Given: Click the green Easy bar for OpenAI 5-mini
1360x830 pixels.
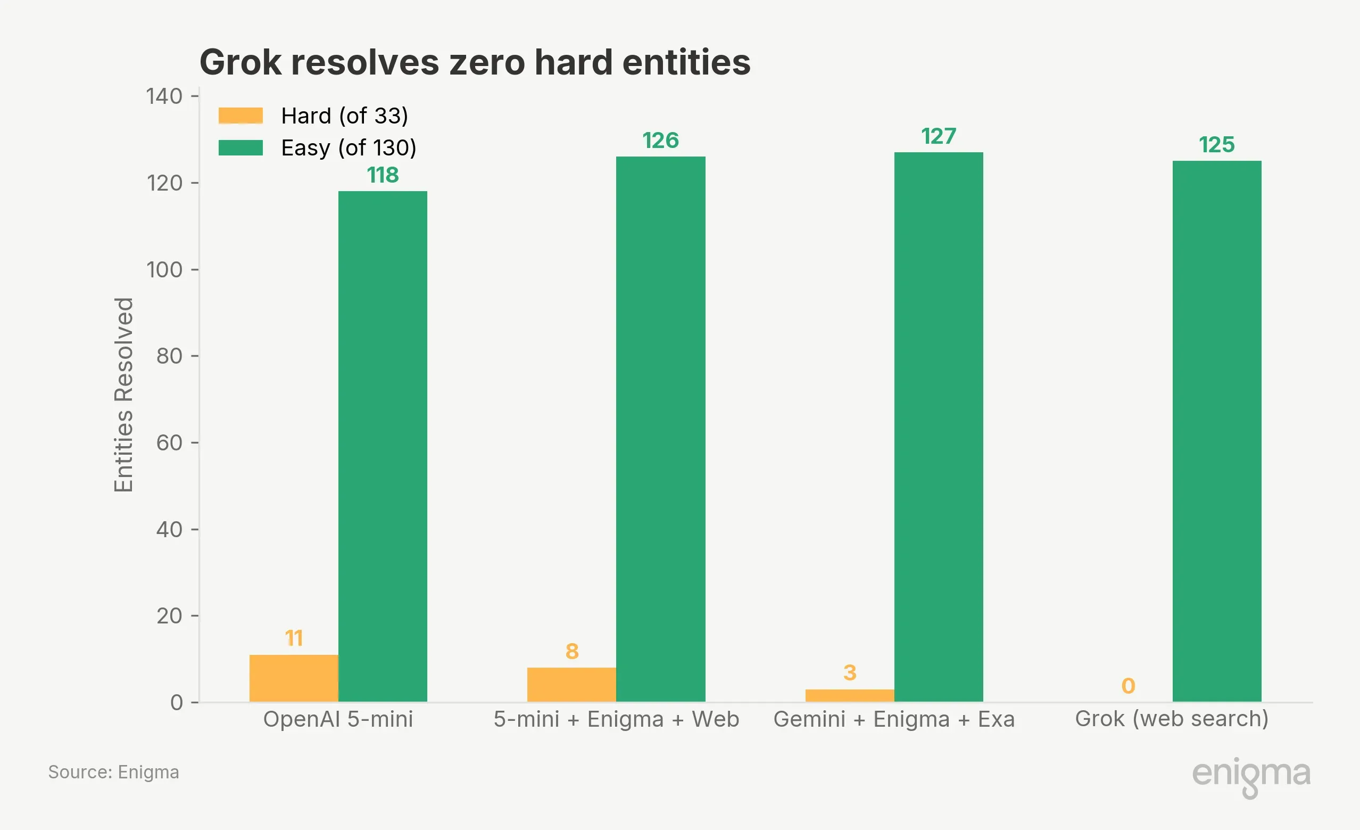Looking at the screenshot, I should [383, 446].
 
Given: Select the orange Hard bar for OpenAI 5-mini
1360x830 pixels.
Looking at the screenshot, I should [294, 678].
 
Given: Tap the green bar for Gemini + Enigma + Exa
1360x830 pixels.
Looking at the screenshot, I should [938, 427].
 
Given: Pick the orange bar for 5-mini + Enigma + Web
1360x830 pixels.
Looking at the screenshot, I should [571, 685].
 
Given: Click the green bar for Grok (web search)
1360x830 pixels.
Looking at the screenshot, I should [1216, 431].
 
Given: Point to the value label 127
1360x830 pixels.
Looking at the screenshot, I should [938, 136].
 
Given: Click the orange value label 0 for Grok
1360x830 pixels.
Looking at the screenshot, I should [1128, 686].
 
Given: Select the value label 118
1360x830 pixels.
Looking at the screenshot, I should [383, 175].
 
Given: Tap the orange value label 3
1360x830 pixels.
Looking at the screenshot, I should [849, 672].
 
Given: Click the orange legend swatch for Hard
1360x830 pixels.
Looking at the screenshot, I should [241, 116].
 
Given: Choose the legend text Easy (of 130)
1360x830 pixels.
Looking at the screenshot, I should [349, 147].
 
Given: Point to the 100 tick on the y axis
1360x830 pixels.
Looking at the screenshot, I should [164, 270].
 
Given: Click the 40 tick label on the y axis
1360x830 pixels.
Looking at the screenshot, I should [169, 530].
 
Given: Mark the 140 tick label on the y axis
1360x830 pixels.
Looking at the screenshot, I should [164, 97].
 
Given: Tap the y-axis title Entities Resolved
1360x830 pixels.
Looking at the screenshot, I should [123, 395].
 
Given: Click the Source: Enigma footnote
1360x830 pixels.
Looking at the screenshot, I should [114, 772].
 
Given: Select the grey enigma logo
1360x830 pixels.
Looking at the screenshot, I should [1251, 775].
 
